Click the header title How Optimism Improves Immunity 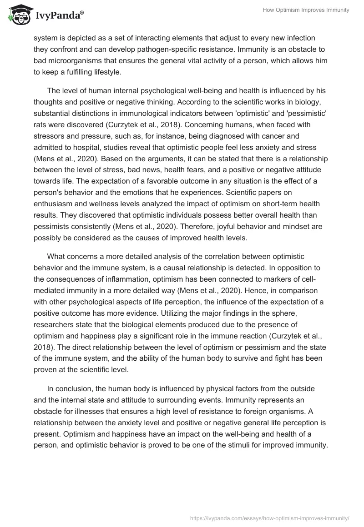(x=306, y=10)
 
